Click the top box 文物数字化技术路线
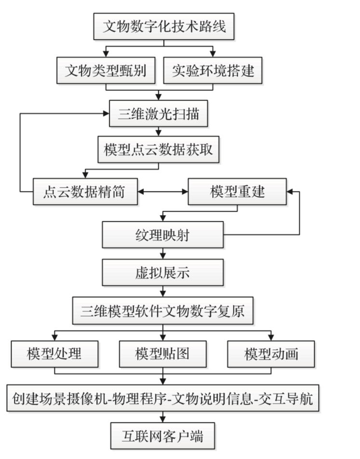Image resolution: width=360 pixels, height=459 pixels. tap(164, 27)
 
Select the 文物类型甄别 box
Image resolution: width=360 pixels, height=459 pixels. tap(106, 71)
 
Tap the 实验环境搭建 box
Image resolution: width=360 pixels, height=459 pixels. tap(212, 71)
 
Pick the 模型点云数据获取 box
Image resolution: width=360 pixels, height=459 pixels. tap(158, 151)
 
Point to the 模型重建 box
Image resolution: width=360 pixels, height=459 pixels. tap(237, 191)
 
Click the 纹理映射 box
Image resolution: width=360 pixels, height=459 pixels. tap(163, 234)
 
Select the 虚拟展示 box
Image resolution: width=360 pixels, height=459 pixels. tap(163, 272)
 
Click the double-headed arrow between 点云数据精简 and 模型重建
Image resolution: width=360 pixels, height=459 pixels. tap(163, 191)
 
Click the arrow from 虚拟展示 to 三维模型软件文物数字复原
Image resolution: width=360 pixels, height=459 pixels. tap(163, 291)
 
